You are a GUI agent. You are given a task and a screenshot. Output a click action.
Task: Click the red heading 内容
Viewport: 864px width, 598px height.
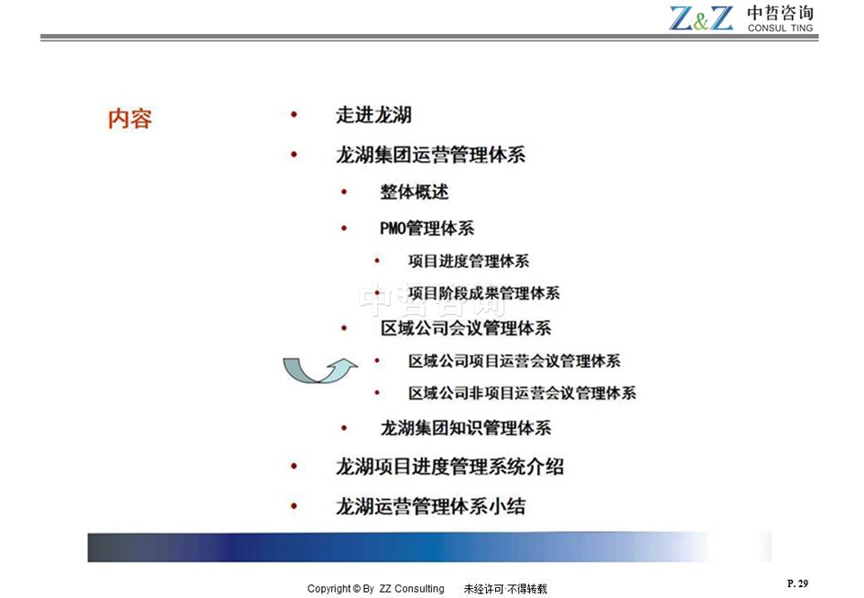tap(130, 119)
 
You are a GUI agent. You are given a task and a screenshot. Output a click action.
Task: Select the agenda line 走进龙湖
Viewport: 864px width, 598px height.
tap(373, 115)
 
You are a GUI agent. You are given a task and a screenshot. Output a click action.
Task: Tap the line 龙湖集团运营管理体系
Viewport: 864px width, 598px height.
tap(430, 155)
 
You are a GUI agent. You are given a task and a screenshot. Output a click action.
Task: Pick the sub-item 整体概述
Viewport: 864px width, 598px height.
tap(414, 192)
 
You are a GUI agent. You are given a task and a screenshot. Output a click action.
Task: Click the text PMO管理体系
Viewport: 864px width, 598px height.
tap(427, 228)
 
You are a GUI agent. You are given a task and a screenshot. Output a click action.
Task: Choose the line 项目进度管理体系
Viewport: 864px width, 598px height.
tap(469, 261)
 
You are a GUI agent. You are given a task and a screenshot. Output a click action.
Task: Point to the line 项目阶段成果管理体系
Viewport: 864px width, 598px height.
tap(484, 293)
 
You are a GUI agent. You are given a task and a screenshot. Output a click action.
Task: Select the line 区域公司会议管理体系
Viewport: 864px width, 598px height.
tap(465, 328)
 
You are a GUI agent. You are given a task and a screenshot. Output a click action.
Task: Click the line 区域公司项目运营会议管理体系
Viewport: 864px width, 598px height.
tap(515, 361)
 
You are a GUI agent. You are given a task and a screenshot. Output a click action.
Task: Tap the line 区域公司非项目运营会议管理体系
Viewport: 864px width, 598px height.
tap(522, 393)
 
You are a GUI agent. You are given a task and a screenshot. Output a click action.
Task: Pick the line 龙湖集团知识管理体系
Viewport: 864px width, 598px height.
tap(465, 428)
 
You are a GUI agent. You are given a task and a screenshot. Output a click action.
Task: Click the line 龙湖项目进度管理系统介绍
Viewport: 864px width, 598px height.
tap(450, 467)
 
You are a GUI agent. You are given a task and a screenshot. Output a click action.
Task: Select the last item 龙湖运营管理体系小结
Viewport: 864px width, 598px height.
tap(430, 506)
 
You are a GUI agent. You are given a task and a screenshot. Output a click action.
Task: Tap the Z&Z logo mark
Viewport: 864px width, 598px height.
tap(701, 18)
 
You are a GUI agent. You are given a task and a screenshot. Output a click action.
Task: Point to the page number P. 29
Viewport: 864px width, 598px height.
tap(797, 584)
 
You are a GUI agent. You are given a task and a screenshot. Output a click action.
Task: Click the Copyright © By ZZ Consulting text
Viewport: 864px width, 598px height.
tap(376, 589)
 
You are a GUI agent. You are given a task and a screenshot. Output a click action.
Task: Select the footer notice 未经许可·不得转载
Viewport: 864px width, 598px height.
tap(505, 589)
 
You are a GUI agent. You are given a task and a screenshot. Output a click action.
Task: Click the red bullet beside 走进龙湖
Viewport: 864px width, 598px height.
tap(293, 114)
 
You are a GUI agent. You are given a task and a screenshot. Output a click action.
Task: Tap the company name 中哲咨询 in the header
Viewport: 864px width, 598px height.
tap(780, 13)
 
